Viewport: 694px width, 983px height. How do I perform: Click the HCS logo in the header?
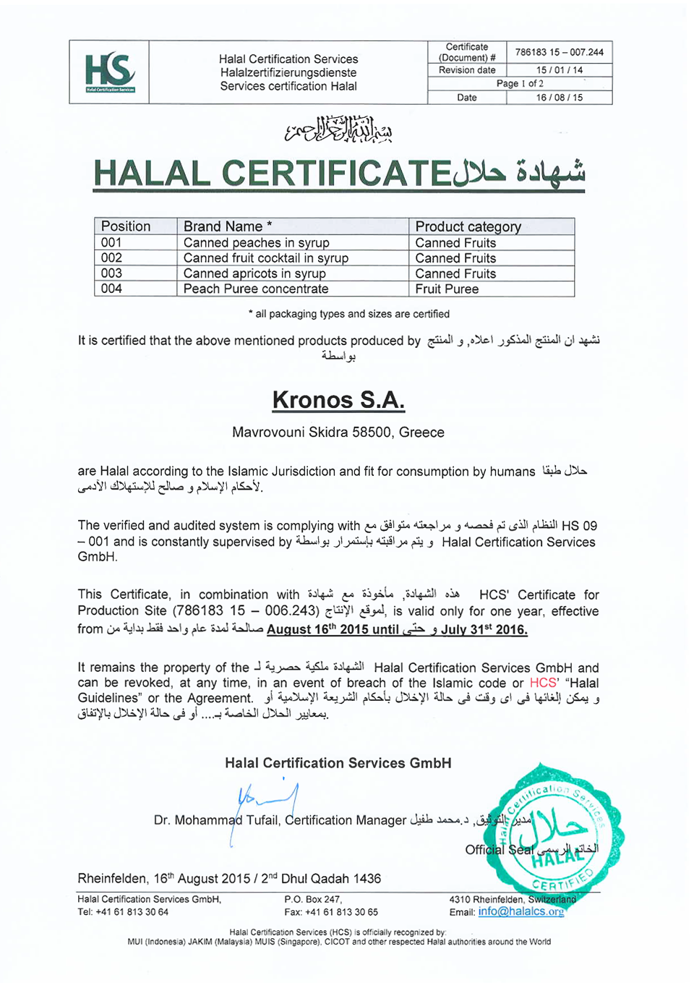pyautogui.click(x=110, y=72)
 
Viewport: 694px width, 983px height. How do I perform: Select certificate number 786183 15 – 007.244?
pyautogui.click(x=559, y=52)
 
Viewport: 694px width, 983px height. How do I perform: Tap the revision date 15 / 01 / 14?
pyautogui.click(x=559, y=70)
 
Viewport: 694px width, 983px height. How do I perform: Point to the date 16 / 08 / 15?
pyautogui.click(x=559, y=98)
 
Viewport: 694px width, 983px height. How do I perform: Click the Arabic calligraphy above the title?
pyautogui.click(x=338, y=129)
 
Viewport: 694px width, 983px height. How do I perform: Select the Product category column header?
pyautogui.click(x=468, y=226)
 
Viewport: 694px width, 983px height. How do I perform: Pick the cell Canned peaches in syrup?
pyautogui.click(x=256, y=243)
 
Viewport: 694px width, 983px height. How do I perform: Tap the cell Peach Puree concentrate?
pyautogui.click(x=256, y=289)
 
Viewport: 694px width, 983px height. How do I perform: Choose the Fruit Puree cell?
pyautogui.click(x=447, y=289)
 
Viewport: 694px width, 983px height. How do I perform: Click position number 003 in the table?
pyautogui.click(x=111, y=273)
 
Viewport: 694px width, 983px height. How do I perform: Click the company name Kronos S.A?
pyautogui.click(x=338, y=400)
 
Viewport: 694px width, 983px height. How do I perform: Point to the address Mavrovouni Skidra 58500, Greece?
pyautogui.click(x=338, y=433)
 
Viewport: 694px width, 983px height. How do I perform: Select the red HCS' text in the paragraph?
pyautogui.click(x=544, y=683)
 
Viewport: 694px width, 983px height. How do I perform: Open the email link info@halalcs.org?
pyautogui.click(x=520, y=911)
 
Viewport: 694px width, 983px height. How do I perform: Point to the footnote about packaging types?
pyautogui.click(x=348, y=314)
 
